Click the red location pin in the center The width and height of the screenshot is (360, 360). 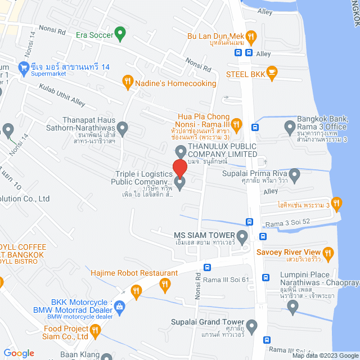(x=180, y=169)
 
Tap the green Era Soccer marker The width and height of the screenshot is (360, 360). (x=120, y=34)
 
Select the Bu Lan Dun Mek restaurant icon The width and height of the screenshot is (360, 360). (x=251, y=37)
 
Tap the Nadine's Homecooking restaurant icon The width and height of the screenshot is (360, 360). (x=128, y=83)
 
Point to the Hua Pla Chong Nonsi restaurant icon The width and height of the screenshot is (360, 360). (x=237, y=123)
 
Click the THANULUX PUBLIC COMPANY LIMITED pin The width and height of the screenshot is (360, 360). (x=181, y=151)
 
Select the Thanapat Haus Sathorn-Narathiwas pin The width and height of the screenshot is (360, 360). (x=121, y=128)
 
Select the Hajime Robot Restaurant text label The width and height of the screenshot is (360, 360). (x=135, y=273)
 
